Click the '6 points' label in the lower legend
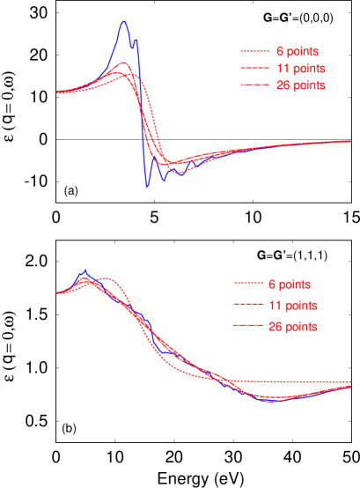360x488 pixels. pyautogui.click(x=290, y=285)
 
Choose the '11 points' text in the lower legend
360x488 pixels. pyautogui.click(x=292, y=306)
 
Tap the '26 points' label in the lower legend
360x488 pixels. pyautogui.click(x=292, y=326)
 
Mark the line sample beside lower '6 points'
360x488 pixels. pyautogui.click(x=246, y=285)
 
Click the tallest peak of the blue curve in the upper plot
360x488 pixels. pyautogui.click(x=124, y=21)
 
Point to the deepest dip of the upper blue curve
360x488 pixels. pyautogui.click(x=147, y=187)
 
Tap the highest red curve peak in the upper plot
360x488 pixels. pyautogui.click(x=125, y=63)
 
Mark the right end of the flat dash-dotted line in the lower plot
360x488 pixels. pyautogui.click(x=351, y=382)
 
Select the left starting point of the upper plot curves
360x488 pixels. pyautogui.click(x=57, y=92)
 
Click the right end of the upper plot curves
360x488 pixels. pyautogui.click(x=351, y=140)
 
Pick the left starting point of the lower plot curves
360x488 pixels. pyautogui.click(x=57, y=292)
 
